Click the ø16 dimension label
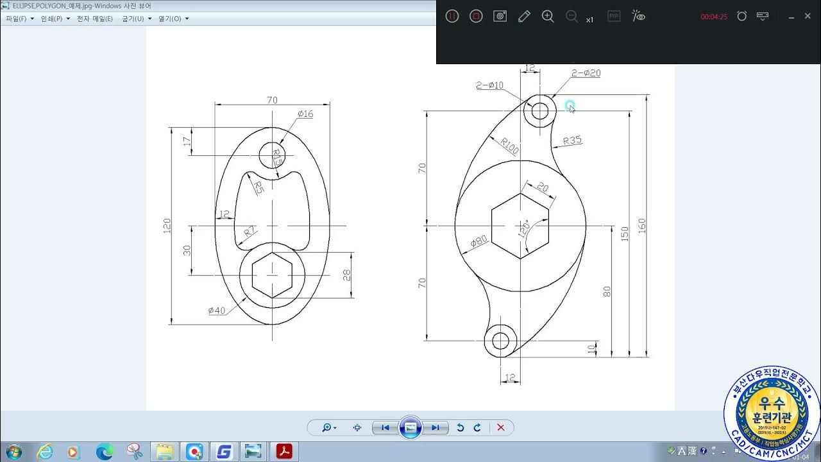click(305, 114)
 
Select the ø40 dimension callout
click(217, 311)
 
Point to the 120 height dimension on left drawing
click(167, 225)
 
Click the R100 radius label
click(510, 146)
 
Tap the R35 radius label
click(571, 141)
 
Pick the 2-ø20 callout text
click(586, 73)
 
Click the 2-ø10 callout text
click(490, 85)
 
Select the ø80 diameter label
click(478, 241)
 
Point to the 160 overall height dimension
click(642, 225)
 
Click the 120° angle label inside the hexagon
click(524, 229)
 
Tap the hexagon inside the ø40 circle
click(272, 275)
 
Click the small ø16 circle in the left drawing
click(272, 154)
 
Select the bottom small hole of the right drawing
click(500, 341)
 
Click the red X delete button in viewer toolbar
click(501, 427)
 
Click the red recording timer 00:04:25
click(713, 17)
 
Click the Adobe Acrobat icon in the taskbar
click(284, 452)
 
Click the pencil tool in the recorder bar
click(524, 16)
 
